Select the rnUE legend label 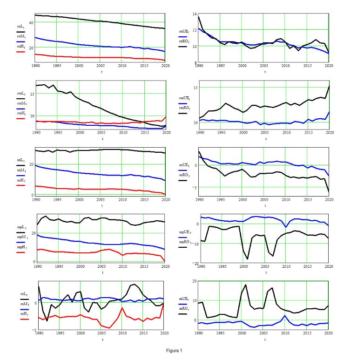point(184,31)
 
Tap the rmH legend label point(20,113)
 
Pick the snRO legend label point(184,174)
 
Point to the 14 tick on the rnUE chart point(195,14)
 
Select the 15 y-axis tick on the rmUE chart point(195,88)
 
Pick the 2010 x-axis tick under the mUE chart point(285,333)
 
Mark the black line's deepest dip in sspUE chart point(248,259)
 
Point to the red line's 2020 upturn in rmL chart point(165,116)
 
